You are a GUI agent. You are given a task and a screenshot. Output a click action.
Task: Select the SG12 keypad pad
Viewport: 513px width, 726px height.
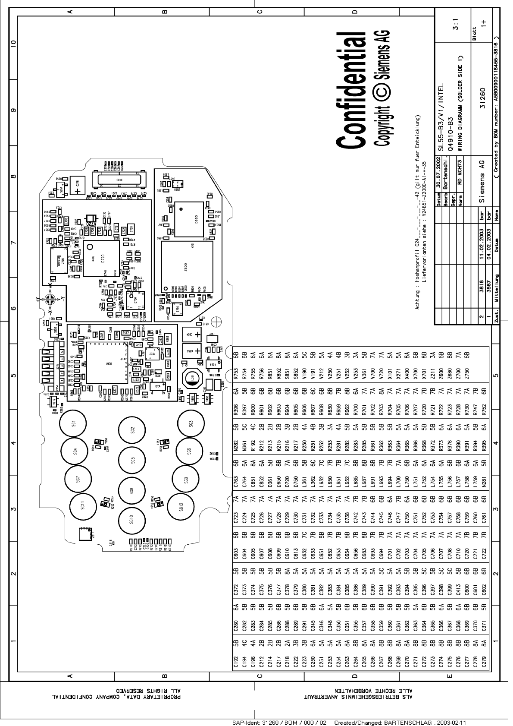click(181, 506)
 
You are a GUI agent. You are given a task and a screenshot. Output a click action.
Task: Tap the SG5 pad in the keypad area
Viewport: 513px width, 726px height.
click(132, 460)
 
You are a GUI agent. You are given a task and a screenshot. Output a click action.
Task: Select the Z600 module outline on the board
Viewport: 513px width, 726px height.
click(187, 267)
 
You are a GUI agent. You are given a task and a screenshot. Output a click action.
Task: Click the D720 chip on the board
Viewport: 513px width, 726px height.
click(101, 259)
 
